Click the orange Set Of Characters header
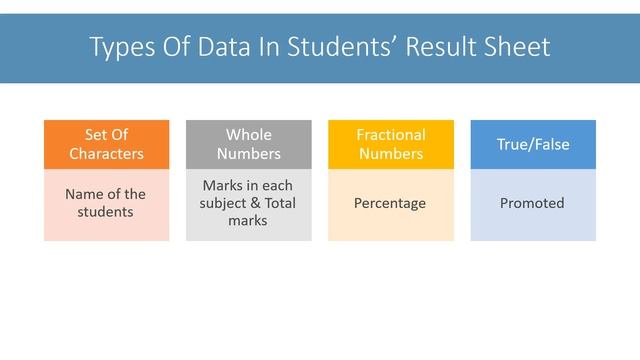click(106, 144)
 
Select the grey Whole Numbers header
click(248, 144)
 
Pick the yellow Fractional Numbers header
click(391, 144)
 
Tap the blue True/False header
click(533, 144)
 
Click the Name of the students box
click(106, 204)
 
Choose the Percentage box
click(391, 204)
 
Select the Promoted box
click(533, 204)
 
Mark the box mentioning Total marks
click(248, 204)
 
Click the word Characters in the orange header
click(106, 154)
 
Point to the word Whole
click(248, 135)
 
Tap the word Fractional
click(391, 135)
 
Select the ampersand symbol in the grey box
click(257, 204)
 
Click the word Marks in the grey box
click(221, 186)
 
